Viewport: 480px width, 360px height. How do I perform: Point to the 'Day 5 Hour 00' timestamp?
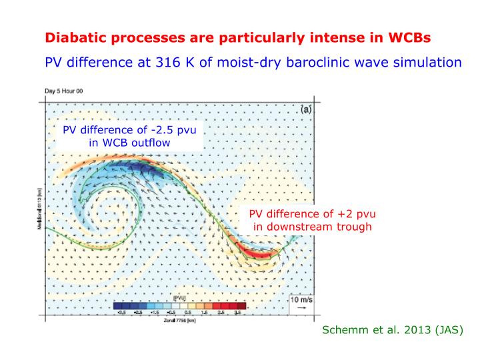coord(65,91)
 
